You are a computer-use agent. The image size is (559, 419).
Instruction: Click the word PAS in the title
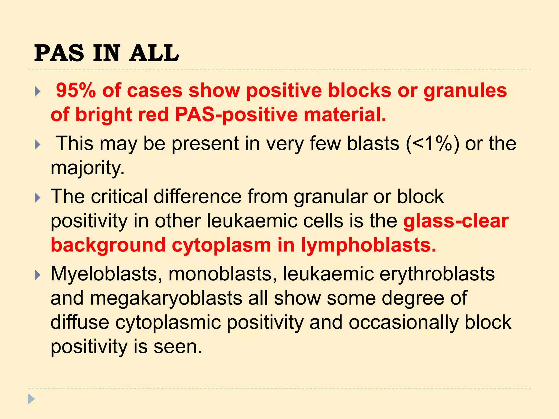(59, 53)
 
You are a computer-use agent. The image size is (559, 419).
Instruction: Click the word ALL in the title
(154, 53)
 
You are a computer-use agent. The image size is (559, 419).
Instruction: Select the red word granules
(465, 91)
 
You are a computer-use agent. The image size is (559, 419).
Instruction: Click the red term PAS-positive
(236, 115)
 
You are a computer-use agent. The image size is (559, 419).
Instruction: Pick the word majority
(88, 168)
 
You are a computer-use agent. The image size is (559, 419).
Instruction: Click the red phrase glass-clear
(456, 221)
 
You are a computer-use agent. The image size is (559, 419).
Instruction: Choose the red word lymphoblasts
(368, 245)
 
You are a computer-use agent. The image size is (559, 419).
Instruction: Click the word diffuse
(80, 322)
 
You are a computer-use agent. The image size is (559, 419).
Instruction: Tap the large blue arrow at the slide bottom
(31, 399)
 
